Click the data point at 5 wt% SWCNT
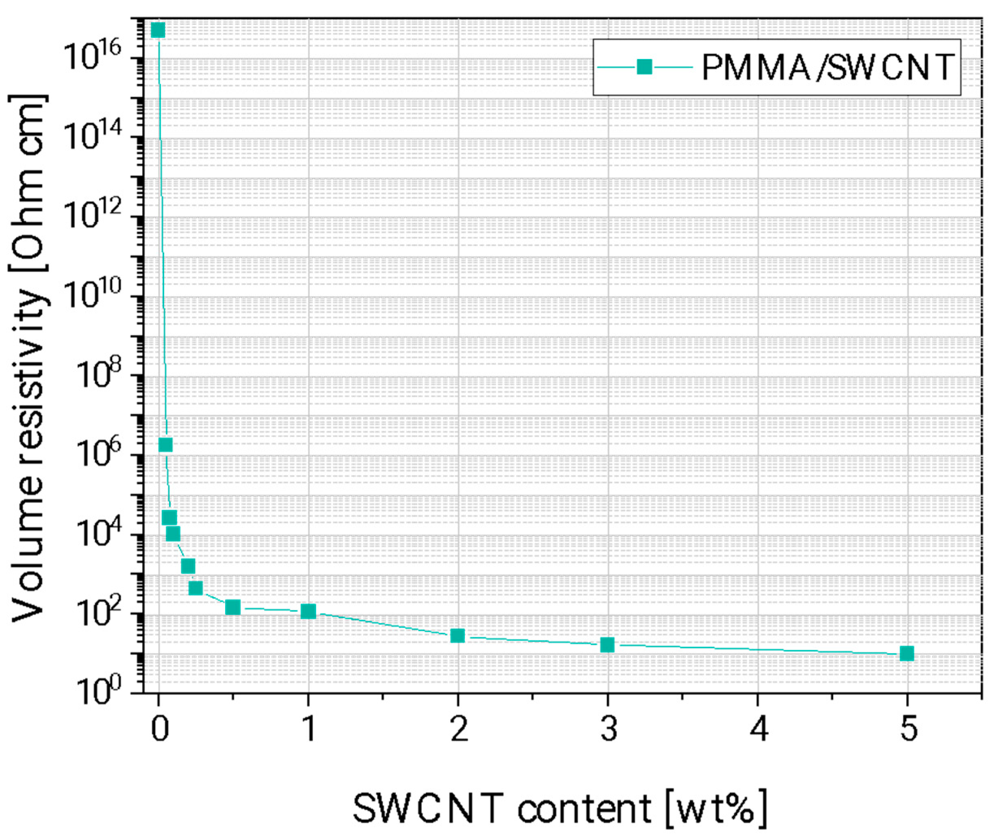coord(906,653)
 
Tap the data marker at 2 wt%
coord(457,635)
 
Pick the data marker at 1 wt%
coord(308,611)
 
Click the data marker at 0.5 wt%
coord(232,607)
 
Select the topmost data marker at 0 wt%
coord(158,30)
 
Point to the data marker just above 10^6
coord(165,445)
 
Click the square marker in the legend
coord(644,67)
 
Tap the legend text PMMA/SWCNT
coord(827,67)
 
